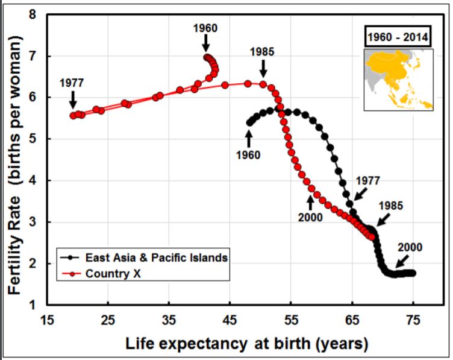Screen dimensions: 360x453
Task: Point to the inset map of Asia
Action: (x=398, y=78)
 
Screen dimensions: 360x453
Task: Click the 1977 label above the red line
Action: (x=72, y=83)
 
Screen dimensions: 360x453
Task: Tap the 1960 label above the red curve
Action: (x=205, y=28)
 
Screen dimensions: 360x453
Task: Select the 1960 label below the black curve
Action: (x=248, y=155)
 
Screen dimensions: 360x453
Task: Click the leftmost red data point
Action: (x=73, y=116)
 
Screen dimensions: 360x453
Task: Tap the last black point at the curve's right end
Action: (x=413, y=273)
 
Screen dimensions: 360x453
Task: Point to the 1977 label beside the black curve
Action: (x=367, y=180)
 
